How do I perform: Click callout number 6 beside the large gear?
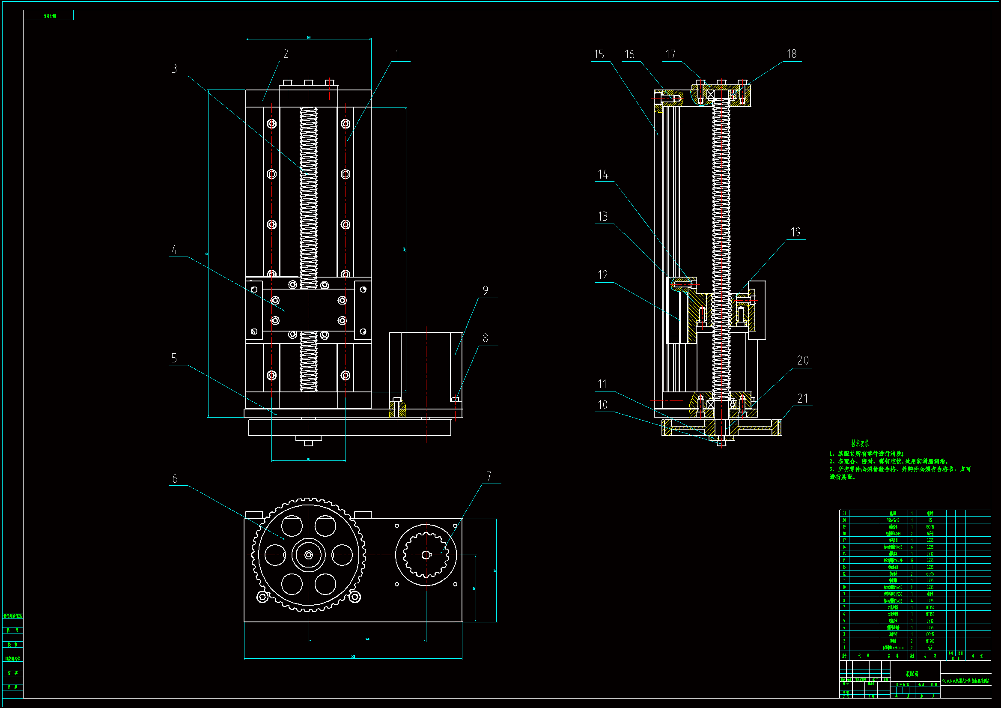(175, 478)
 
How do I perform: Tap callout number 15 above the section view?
(599, 54)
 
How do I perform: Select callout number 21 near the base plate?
(802, 398)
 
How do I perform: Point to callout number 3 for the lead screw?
(174, 69)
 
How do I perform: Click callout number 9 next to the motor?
(485, 290)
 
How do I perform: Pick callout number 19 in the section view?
(795, 232)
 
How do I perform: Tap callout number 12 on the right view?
(602, 275)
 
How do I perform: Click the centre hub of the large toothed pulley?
(309, 555)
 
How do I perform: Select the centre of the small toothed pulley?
(426, 555)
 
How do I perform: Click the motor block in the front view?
(426, 367)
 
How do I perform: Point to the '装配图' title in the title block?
(912, 674)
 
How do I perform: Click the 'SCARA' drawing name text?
(965, 681)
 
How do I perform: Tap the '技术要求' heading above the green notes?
(860, 444)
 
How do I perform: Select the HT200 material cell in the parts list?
(930, 641)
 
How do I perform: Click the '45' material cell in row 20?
(930, 520)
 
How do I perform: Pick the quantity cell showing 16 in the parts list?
(912, 561)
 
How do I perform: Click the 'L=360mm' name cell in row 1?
(893, 648)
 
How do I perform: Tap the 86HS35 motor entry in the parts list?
(893, 594)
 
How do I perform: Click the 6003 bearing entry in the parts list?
(893, 534)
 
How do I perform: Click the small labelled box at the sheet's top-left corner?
(48, 16)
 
